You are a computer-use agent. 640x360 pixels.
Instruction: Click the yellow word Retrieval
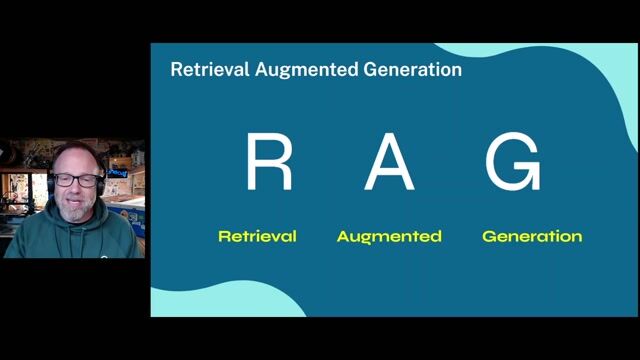coord(257,237)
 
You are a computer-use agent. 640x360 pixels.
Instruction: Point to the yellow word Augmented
coord(389,237)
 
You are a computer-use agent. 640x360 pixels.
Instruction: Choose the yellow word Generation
coord(532,237)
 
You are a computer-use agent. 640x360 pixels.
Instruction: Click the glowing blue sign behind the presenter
coord(119,171)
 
